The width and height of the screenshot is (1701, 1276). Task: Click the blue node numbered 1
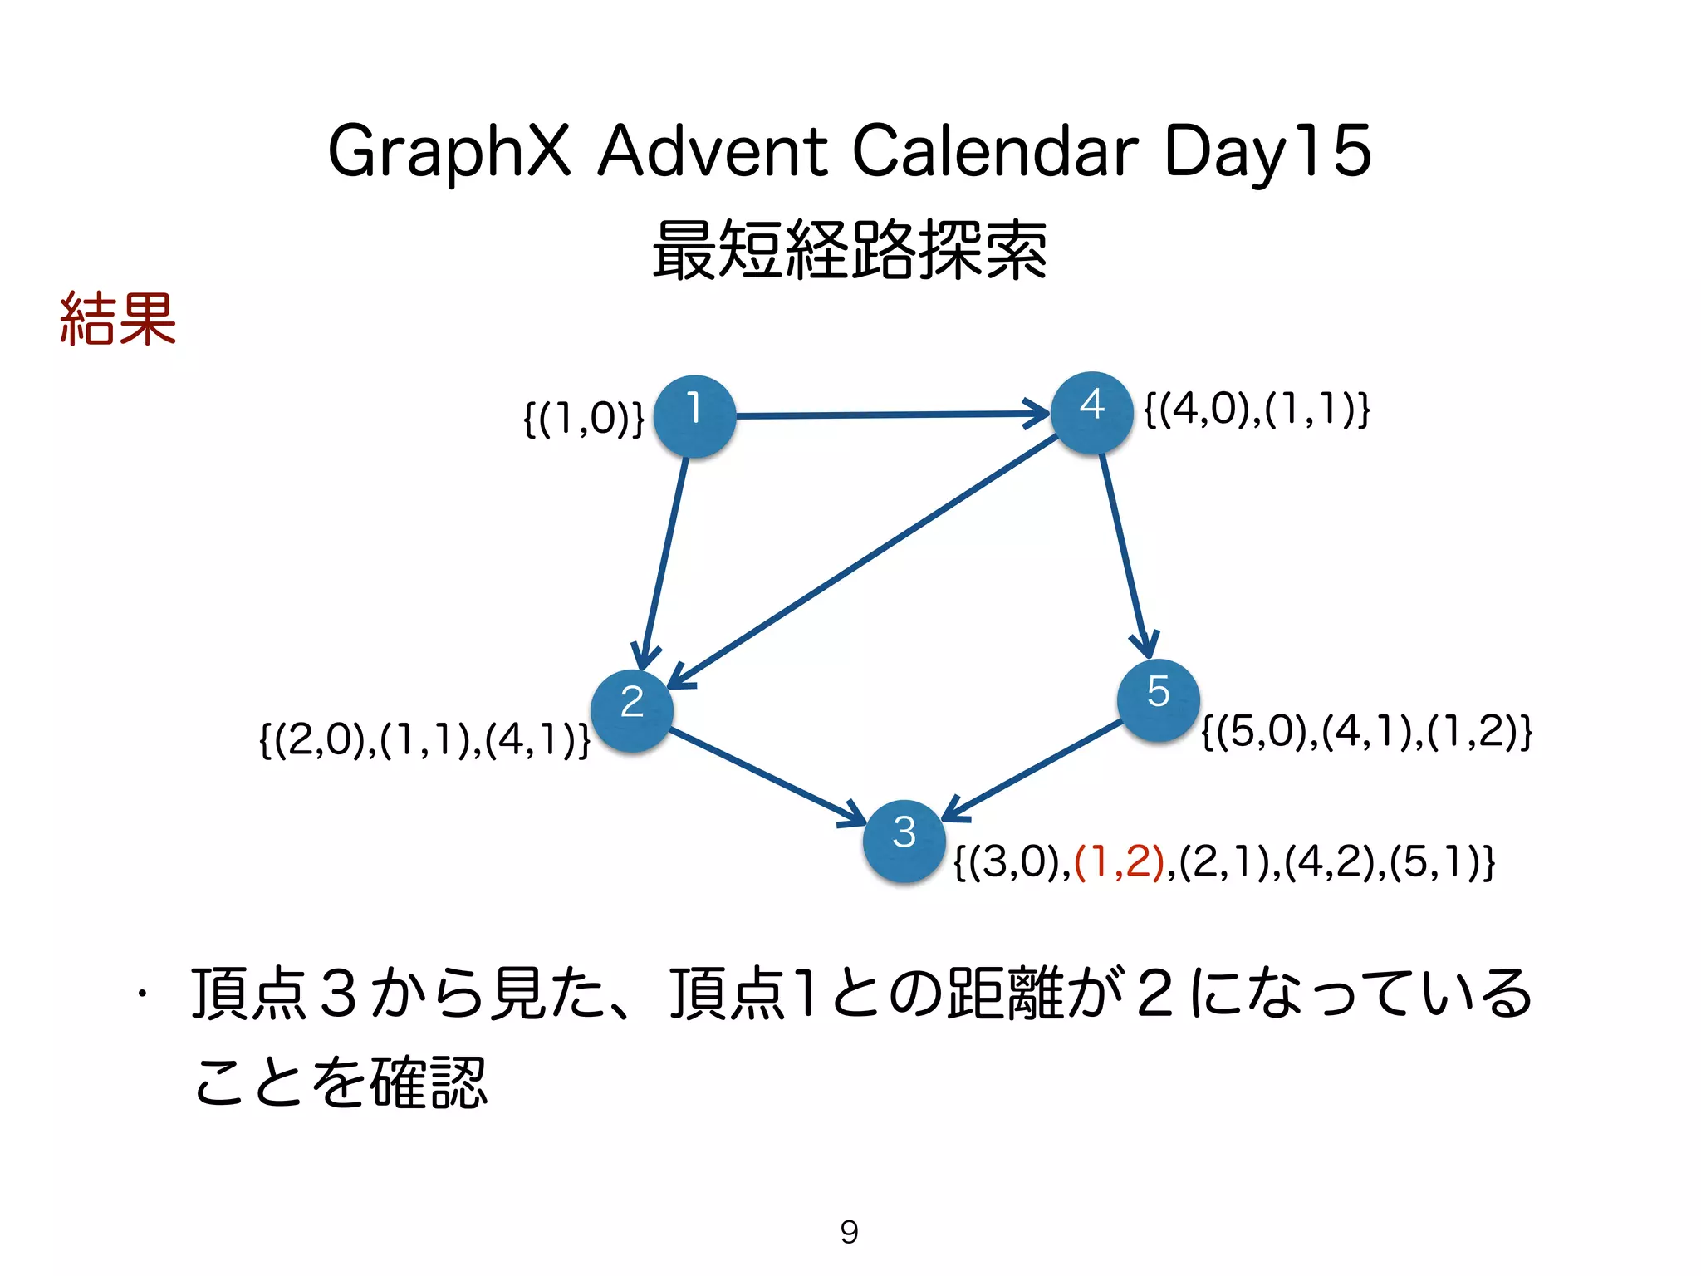(694, 415)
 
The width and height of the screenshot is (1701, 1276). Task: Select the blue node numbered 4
(1091, 412)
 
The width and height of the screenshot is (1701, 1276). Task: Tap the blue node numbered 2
(632, 710)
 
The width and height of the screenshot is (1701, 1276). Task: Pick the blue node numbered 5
(1158, 699)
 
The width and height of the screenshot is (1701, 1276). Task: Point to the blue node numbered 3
(904, 840)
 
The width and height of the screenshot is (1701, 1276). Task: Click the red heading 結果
(118, 318)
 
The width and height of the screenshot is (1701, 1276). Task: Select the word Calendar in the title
(995, 151)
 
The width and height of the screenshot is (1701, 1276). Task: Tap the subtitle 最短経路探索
(849, 249)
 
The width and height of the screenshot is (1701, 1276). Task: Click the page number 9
(849, 1231)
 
